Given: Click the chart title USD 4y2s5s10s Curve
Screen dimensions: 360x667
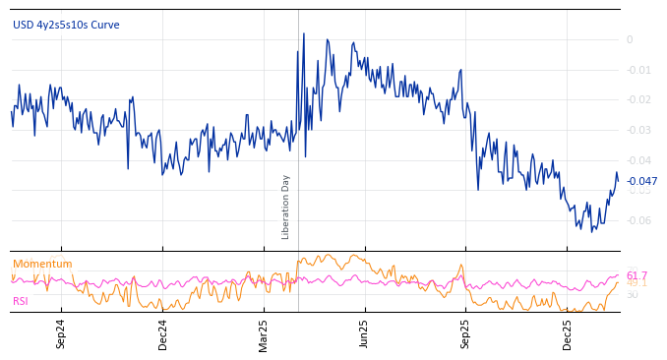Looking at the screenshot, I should tap(66, 25).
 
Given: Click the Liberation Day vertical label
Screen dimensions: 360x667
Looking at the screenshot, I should tap(286, 207).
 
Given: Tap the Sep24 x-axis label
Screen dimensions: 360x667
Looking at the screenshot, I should tap(61, 334).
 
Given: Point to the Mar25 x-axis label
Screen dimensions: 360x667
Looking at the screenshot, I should tap(264, 334).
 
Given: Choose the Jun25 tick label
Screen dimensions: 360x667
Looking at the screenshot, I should tap(365, 334).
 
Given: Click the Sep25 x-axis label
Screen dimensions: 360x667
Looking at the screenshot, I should tap(466, 334).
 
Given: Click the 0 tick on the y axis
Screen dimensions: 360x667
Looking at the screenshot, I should tap(630, 39).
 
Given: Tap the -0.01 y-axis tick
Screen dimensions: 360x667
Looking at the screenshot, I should tap(637, 70).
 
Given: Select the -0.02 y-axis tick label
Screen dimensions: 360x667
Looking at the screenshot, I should tap(637, 99).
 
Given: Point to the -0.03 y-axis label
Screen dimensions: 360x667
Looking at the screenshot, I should tap(637, 130).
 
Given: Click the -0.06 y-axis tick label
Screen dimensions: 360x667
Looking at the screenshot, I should tap(637, 220).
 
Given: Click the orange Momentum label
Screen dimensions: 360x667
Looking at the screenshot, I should tap(42, 264).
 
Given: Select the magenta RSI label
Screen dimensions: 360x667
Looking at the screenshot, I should tap(21, 301).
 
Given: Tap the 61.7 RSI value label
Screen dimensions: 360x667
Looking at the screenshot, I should tap(637, 275).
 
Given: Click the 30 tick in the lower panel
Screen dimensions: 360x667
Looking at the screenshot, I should tap(632, 294).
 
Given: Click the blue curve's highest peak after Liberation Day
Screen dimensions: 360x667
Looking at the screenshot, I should tap(303, 33).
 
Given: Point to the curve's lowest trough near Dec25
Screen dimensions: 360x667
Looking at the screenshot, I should tap(592, 232).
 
